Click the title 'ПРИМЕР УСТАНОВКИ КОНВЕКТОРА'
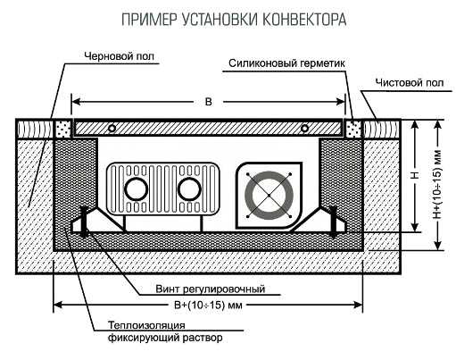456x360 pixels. [234, 20]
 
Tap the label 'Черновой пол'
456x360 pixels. [120, 56]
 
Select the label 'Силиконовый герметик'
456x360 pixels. [286, 63]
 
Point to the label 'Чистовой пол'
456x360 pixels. [410, 83]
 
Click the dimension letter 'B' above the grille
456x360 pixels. [209, 102]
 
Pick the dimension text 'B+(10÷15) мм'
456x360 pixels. [208, 305]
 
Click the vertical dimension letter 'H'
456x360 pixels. [416, 174]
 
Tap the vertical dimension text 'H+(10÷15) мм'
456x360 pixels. [437, 185]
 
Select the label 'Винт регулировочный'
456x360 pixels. [211, 289]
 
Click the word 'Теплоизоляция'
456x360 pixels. [146, 325]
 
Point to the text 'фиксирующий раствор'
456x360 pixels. [165, 338]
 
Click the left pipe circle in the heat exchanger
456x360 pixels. [137, 189]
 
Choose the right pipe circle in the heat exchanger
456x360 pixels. [189, 189]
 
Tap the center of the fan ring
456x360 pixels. [269, 196]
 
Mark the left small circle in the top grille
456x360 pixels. [112, 129]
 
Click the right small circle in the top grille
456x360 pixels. [304, 129]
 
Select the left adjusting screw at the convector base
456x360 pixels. [85, 222]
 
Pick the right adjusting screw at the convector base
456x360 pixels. [334, 222]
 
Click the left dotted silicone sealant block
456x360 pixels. [63, 129]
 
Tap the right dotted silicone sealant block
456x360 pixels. [353, 129]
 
